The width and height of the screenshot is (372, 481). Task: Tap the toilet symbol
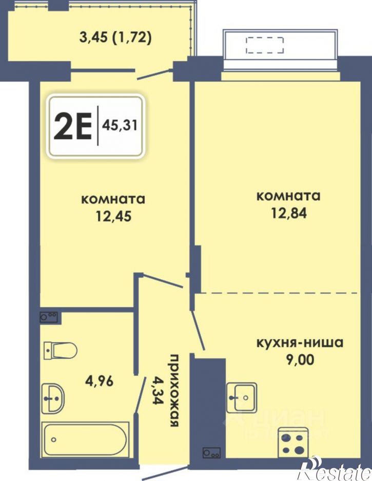61,351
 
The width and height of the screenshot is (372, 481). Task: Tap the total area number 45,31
120,124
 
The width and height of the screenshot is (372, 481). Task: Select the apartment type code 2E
72,125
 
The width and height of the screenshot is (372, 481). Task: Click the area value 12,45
113,216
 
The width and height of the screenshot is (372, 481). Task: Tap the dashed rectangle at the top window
265,45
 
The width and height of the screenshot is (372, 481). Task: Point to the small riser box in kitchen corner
211,453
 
